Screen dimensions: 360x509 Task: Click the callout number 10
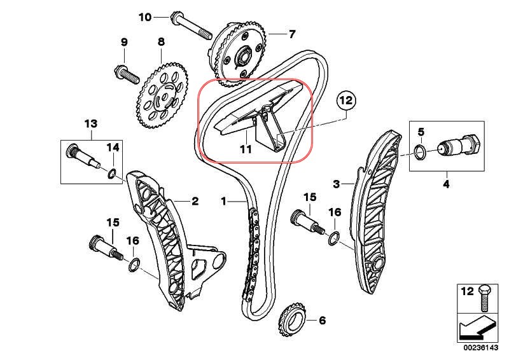pos(145,17)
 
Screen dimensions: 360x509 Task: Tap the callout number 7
pos(292,33)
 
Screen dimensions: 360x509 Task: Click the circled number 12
pos(345,100)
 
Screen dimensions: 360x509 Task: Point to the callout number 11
pos(246,149)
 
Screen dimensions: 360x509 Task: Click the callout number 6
pos(322,320)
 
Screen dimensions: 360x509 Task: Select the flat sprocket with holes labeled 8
pos(162,95)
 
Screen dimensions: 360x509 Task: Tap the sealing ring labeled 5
pos(421,151)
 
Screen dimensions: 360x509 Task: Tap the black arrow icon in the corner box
pos(470,328)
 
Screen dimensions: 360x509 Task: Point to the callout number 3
pos(337,184)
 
